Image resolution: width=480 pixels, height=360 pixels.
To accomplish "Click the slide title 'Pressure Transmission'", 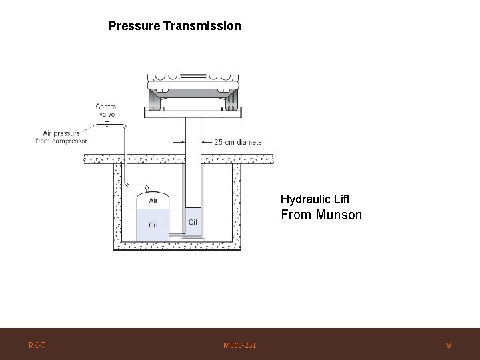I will tap(175, 27).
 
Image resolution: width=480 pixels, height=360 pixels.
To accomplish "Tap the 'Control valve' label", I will tap(107, 110).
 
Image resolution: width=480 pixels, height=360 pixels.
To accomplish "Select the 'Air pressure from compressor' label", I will tap(61, 137).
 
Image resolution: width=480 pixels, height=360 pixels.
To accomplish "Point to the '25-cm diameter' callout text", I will tap(239, 142).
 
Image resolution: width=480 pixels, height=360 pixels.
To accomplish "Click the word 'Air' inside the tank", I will tap(153, 200).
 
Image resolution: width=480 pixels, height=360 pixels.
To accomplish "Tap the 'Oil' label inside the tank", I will tap(153, 224).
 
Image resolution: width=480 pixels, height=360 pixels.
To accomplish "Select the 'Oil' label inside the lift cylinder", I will tap(193, 222).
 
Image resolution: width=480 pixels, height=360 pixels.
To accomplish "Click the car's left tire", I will tap(157, 100).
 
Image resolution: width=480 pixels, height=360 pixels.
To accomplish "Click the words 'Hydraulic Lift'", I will tap(315, 199).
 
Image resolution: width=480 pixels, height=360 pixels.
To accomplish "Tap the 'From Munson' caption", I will tap(321, 215).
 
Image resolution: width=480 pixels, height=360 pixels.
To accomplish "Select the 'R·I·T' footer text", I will tap(37, 345).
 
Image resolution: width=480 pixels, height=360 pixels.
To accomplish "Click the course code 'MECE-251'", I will tap(240, 345).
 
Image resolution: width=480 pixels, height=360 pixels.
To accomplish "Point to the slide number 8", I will tap(449, 345).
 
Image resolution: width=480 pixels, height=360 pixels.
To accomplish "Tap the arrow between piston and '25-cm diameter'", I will tap(207, 142).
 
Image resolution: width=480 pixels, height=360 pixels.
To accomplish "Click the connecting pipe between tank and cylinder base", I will tap(177, 237).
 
